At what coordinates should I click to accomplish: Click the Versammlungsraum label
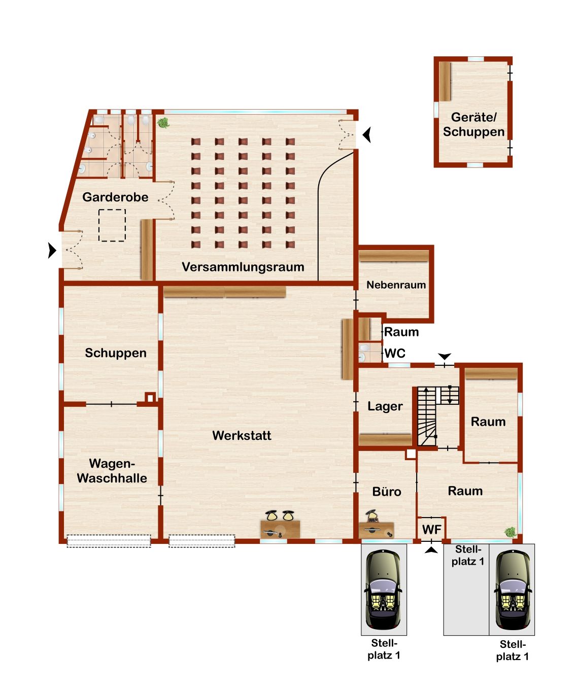pyautogui.click(x=243, y=267)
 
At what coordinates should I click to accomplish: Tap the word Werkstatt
pyautogui.click(x=242, y=435)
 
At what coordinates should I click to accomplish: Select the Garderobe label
pyautogui.click(x=115, y=197)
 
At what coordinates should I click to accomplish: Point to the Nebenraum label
pyautogui.click(x=396, y=285)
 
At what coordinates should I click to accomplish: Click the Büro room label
pyautogui.click(x=387, y=492)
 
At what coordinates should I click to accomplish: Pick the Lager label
pyautogui.click(x=385, y=406)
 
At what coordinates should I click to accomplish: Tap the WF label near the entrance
pyautogui.click(x=432, y=530)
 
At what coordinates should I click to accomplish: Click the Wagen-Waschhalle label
pyautogui.click(x=112, y=471)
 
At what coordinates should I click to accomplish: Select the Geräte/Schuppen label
pyautogui.click(x=473, y=124)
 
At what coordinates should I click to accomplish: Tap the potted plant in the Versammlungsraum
pyautogui.click(x=163, y=123)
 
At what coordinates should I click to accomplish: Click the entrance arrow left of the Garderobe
pyautogui.click(x=52, y=250)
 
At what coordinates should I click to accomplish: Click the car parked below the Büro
pyautogui.click(x=383, y=590)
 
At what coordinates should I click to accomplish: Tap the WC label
pyautogui.click(x=395, y=354)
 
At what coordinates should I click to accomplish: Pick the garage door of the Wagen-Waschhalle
pyautogui.click(x=109, y=541)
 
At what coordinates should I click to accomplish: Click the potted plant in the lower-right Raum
pyautogui.click(x=510, y=532)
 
